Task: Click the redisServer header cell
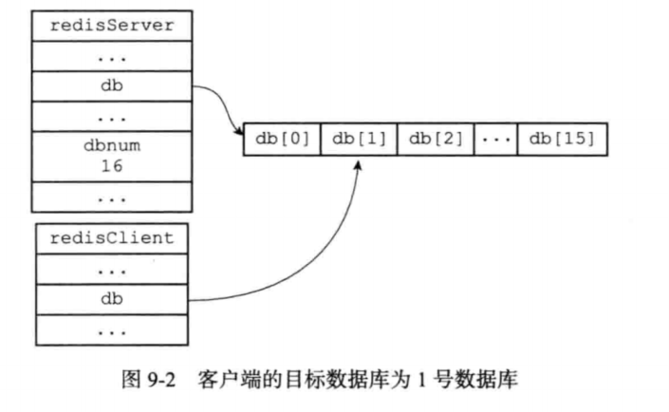tap(112, 26)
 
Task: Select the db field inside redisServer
tap(112, 86)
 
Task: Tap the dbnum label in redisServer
tap(112, 146)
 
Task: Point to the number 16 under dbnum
tap(112, 165)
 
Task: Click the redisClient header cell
tap(112, 238)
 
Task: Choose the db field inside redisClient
tap(112, 299)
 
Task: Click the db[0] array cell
tap(282, 140)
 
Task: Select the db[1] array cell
tap(359, 140)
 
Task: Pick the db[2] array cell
tap(436, 140)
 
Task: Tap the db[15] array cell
tap(563, 140)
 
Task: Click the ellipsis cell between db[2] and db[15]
tap(495, 140)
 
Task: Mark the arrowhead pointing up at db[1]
tap(358, 165)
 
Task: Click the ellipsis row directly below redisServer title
tap(112, 56)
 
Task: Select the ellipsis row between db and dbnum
tap(112, 117)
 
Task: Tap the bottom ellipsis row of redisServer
tap(112, 197)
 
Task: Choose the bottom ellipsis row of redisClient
tap(112, 330)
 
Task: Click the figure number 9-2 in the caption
tap(161, 380)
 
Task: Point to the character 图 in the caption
tap(131, 379)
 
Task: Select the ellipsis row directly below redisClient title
tap(112, 269)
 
